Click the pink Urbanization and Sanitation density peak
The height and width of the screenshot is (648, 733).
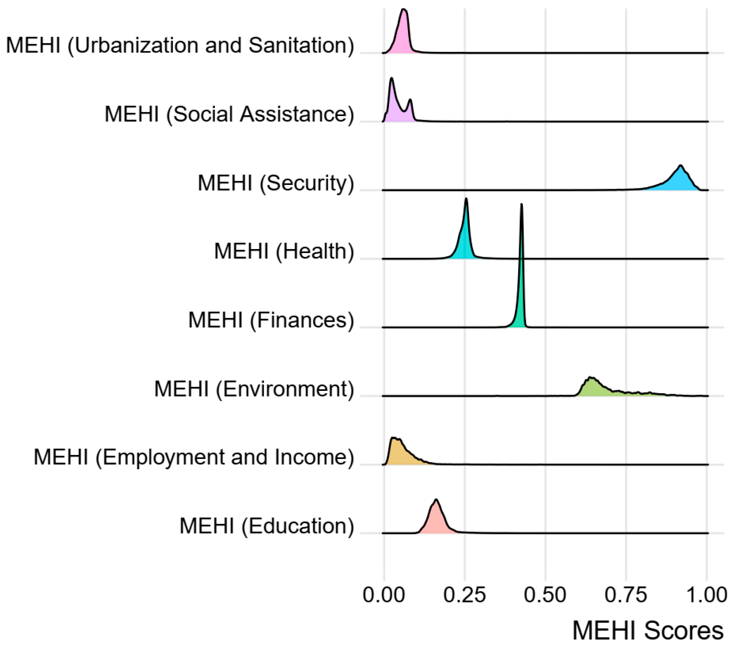tap(403, 36)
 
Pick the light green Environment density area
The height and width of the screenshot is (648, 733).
tap(595, 389)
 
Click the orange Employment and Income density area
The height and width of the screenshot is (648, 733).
tap(398, 454)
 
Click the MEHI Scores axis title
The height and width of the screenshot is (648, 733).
tap(648, 631)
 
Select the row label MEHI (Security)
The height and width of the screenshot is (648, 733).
tap(275, 183)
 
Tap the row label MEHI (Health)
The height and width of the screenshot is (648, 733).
tap(284, 251)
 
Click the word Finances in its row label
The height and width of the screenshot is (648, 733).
tap(302, 320)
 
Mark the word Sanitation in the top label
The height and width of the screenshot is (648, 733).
tap(298, 45)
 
